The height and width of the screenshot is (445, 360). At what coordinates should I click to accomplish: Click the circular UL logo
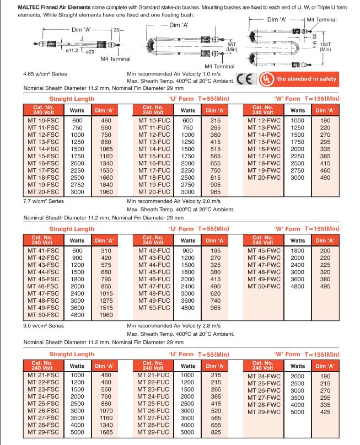pyautogui.click(x=267, y=78)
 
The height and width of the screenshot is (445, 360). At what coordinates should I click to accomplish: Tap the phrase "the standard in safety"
pyautogui.click(x=306, y=79)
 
